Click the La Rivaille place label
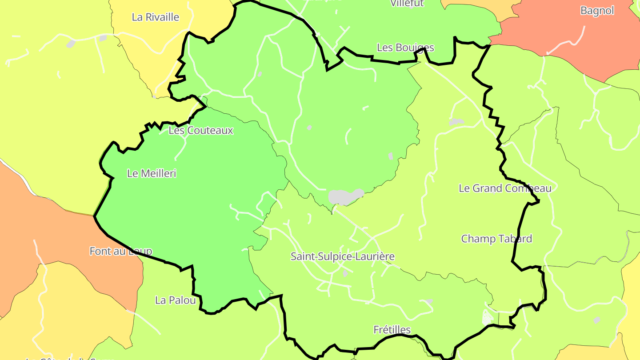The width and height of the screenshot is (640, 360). click(156, 17)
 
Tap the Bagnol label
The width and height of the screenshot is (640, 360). click(597, 11)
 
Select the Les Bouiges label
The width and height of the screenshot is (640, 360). click(405, 47)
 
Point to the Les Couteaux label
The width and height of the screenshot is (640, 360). click(201, 130)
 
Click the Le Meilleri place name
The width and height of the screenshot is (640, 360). click(152, 173)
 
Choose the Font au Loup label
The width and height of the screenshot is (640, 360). click(121, 251)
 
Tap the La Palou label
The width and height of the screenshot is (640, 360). click(176, 300)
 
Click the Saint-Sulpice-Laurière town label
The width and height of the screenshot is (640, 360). click(343, 256)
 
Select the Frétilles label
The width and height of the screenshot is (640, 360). click(392, 330)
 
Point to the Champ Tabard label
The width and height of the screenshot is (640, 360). click(496, 239)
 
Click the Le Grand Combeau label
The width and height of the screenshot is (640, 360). click(505, 188)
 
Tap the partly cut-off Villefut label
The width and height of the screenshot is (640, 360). click(407, 4)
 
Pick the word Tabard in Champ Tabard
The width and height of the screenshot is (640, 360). click(515, 239)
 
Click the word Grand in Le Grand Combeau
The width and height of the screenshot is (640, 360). click(488, 188)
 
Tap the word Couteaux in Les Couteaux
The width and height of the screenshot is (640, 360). click(210, 130)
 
